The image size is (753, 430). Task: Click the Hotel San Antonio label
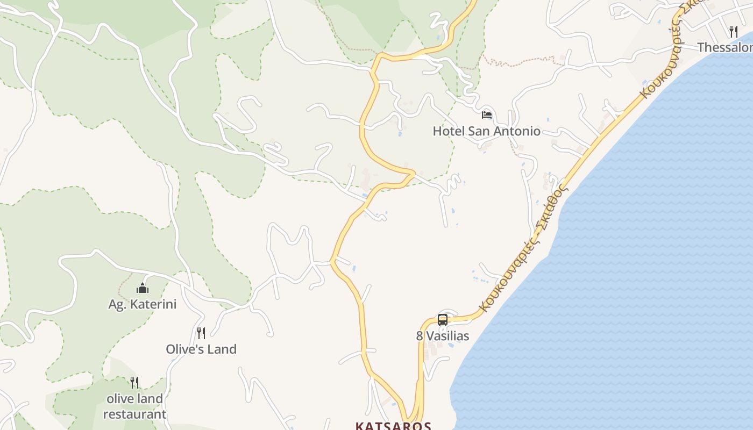point(486,131)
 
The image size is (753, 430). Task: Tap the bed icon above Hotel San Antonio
point(487,114)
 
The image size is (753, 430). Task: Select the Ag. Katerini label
point(143,304)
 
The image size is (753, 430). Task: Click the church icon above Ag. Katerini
point(143,289)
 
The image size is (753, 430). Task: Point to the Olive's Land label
point(201,349)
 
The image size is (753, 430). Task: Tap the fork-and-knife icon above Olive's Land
point(201,333)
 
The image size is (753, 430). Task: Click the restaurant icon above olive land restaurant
point(134,383)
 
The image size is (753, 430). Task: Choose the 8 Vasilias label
point(443,336)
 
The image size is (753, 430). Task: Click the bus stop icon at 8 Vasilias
point(443,320)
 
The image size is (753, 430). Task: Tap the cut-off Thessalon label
point(724,47)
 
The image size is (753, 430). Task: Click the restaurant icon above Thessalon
point(733,31)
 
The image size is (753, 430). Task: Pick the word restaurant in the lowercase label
point(134,414)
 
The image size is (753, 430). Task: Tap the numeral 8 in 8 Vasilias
point(420,336)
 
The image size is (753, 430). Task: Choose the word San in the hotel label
point(480,131)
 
